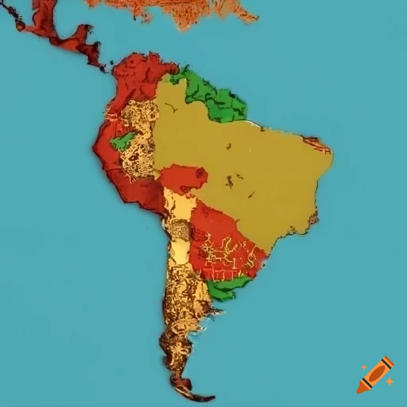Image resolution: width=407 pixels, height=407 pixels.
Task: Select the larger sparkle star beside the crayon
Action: (x=390, y=381)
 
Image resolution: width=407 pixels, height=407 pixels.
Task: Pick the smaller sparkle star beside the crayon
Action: (x=364, y=367)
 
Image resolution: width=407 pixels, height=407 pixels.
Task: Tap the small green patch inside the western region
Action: (x=123, y=141)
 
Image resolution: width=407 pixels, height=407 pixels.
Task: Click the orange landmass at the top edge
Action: (x=179, y=10)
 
